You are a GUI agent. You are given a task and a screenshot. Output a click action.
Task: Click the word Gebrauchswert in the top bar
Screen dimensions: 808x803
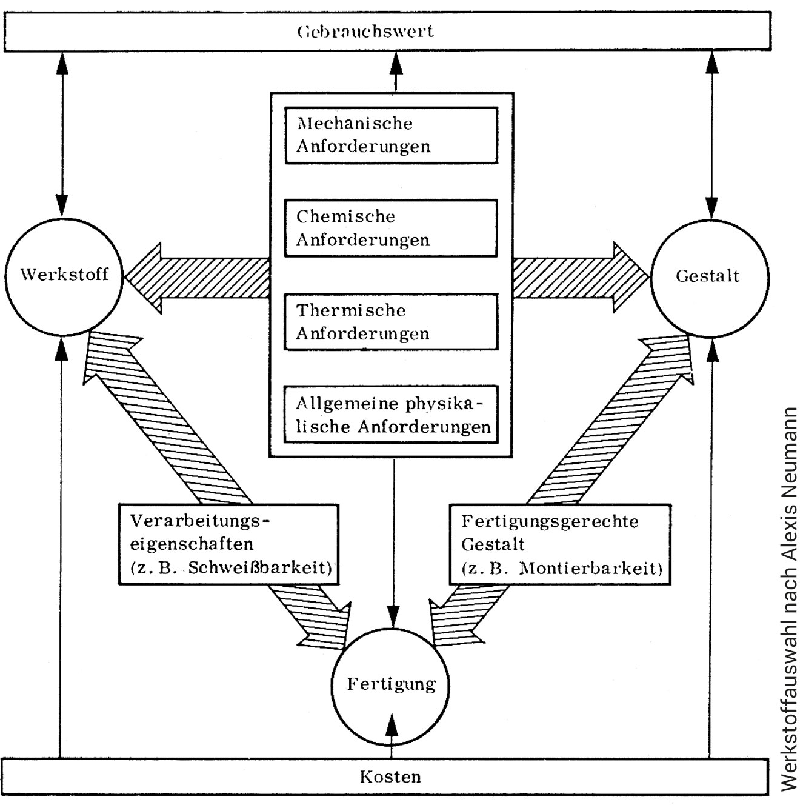coord(365,31)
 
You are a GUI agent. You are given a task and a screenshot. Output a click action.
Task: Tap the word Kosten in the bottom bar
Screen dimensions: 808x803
coord(390,776)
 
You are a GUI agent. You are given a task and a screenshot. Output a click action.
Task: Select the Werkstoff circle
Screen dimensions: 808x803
coord(64,276)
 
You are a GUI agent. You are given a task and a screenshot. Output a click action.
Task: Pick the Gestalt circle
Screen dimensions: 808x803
coord(709,277)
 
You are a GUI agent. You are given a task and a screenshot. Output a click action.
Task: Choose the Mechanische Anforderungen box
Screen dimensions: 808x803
coord(391,135)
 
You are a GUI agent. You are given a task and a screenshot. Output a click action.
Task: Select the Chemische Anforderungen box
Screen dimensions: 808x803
coord(391,228)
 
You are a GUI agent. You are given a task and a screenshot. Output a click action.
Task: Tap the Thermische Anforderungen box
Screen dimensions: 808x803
coord(391,322)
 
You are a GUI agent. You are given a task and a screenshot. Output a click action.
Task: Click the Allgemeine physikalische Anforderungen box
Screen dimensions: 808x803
coord(391,415)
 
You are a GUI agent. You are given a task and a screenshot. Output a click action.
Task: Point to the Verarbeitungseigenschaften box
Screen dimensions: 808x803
coord(228,544)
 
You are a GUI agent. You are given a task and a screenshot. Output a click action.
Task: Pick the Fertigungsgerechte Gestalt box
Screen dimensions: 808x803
coord(560,544)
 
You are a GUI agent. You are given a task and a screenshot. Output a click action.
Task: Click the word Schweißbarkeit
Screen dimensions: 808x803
coord(260,568)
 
